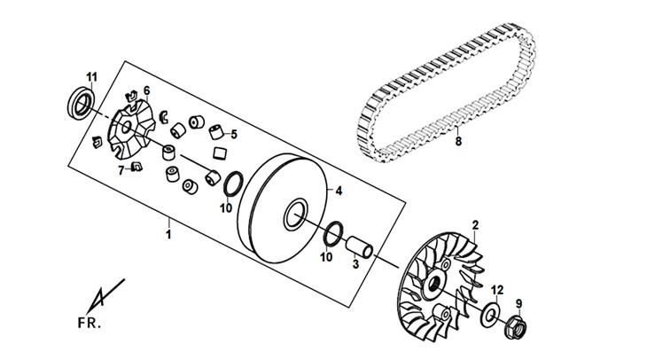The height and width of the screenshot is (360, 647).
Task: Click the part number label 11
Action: click(91, 77)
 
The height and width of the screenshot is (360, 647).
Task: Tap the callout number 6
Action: click(146, 90)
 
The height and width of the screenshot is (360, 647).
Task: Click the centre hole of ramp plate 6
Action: click(127, 127)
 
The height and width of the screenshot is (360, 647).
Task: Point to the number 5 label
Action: click(234, 134)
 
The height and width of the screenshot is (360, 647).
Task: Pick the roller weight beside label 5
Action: click(216, 132)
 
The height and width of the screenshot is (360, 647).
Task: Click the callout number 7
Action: click(121, 169)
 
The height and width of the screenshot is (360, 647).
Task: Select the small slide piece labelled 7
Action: click(136, 166)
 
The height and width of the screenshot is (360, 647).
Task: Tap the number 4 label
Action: click(339, 191)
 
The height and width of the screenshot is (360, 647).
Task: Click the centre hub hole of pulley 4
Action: click(295, 215)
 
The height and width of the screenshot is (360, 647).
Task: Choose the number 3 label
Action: click(355, 264)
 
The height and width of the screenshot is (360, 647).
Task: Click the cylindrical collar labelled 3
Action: click(359, 246)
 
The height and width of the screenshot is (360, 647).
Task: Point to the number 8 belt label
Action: click(458, 142)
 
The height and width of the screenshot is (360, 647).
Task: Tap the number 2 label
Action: click(475, 225)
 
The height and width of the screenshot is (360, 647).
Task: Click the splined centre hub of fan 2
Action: click(434, 285)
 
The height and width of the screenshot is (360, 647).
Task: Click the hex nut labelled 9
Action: click(516, 325)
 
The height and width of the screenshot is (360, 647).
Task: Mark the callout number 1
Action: click(168, 234)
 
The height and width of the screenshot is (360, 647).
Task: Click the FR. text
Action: click(90, 323)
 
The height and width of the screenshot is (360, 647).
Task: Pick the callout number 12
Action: click(497, 290)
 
